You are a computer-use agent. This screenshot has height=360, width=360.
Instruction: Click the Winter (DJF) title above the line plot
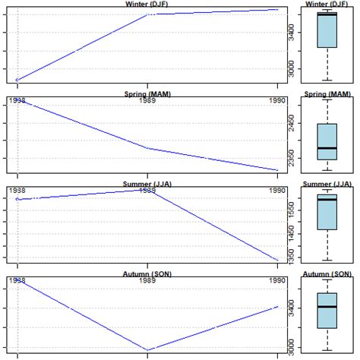pos(147,4)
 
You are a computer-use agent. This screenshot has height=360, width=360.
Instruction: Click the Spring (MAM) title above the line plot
pos(147,94)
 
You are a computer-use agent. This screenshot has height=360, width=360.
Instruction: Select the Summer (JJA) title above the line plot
pos(147,184)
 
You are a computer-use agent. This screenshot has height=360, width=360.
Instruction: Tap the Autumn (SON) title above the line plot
pos(147,273)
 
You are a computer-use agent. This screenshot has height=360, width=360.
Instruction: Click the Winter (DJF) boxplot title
pos(327,4)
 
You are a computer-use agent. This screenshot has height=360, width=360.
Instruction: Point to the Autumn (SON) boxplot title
pos(327,273)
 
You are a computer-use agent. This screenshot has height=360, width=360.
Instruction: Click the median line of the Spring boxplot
pos(327,148)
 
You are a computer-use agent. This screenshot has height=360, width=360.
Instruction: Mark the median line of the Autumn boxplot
pos(327,306)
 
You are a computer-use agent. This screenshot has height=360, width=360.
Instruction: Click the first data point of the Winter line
pos(17,80)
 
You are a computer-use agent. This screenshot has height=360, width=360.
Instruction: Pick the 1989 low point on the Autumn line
pos(147,350)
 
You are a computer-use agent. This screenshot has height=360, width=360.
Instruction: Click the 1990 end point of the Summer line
pos(277,260)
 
